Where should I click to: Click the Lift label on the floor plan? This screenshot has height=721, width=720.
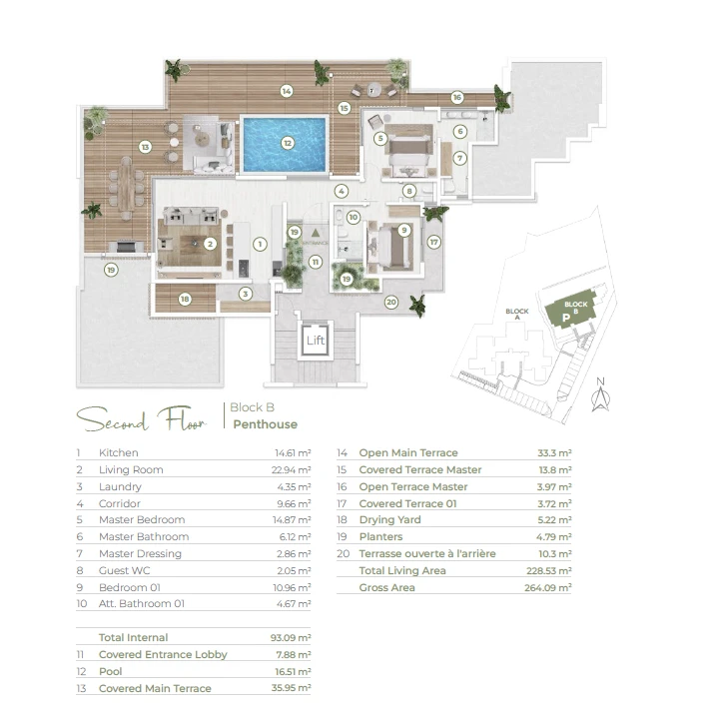316,341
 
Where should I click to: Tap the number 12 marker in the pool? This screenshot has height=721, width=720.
288,143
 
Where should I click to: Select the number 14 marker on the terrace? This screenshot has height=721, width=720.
287,91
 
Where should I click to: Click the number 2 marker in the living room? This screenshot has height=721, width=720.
210,244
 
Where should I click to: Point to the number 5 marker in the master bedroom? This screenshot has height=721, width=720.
380,138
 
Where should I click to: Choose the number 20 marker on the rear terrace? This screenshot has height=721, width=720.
391,303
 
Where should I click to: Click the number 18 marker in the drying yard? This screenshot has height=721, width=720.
185,300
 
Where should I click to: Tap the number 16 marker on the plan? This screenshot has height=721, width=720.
457,97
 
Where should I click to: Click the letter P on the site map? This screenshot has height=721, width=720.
566,318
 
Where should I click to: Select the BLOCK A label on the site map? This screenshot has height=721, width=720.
517,314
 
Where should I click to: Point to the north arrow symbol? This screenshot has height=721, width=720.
600,394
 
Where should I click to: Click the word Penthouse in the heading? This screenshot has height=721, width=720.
266,424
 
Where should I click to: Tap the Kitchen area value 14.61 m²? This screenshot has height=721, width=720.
293,453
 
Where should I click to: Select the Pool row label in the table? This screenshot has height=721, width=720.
110,671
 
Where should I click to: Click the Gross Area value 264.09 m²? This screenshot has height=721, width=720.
548,587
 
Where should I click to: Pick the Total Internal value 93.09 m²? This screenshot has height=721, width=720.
291,638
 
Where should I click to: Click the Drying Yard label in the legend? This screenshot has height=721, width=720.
389,519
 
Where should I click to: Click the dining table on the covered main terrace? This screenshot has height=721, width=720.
126,188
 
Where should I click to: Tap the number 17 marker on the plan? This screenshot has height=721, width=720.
434,242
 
